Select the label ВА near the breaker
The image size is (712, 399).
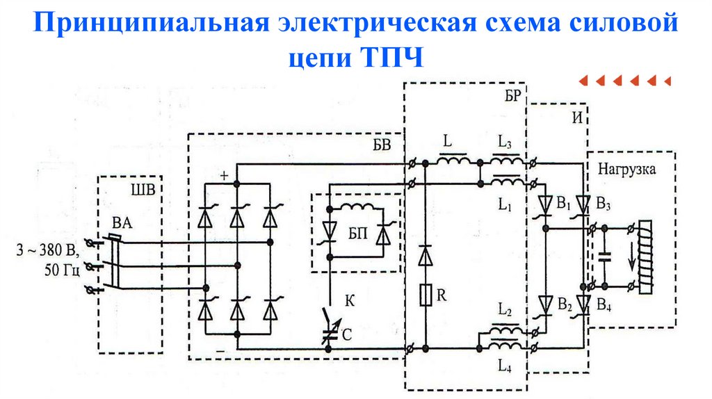121,223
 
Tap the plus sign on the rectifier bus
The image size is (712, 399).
224,176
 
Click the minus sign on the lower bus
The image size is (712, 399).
220,353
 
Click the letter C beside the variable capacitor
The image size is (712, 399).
346,334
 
